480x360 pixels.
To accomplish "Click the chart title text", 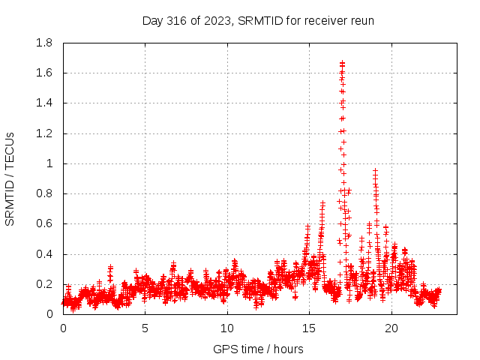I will pyautogui.click(x=258, y=21).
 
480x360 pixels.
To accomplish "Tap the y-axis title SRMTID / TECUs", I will pyautogui.click(x=10, y=178).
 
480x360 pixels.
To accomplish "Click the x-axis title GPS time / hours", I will pyautogui.click(x=258, y=349).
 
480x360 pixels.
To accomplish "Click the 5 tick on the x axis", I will pyautogui.click(x=145, y=328).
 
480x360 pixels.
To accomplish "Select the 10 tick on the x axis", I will pyautogui.click(x=226, y=328).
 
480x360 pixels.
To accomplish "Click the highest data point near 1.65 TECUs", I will pyautogui.click(x=342, y=64).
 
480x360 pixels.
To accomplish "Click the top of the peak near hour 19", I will pyautogui.click(x=375, y=171).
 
